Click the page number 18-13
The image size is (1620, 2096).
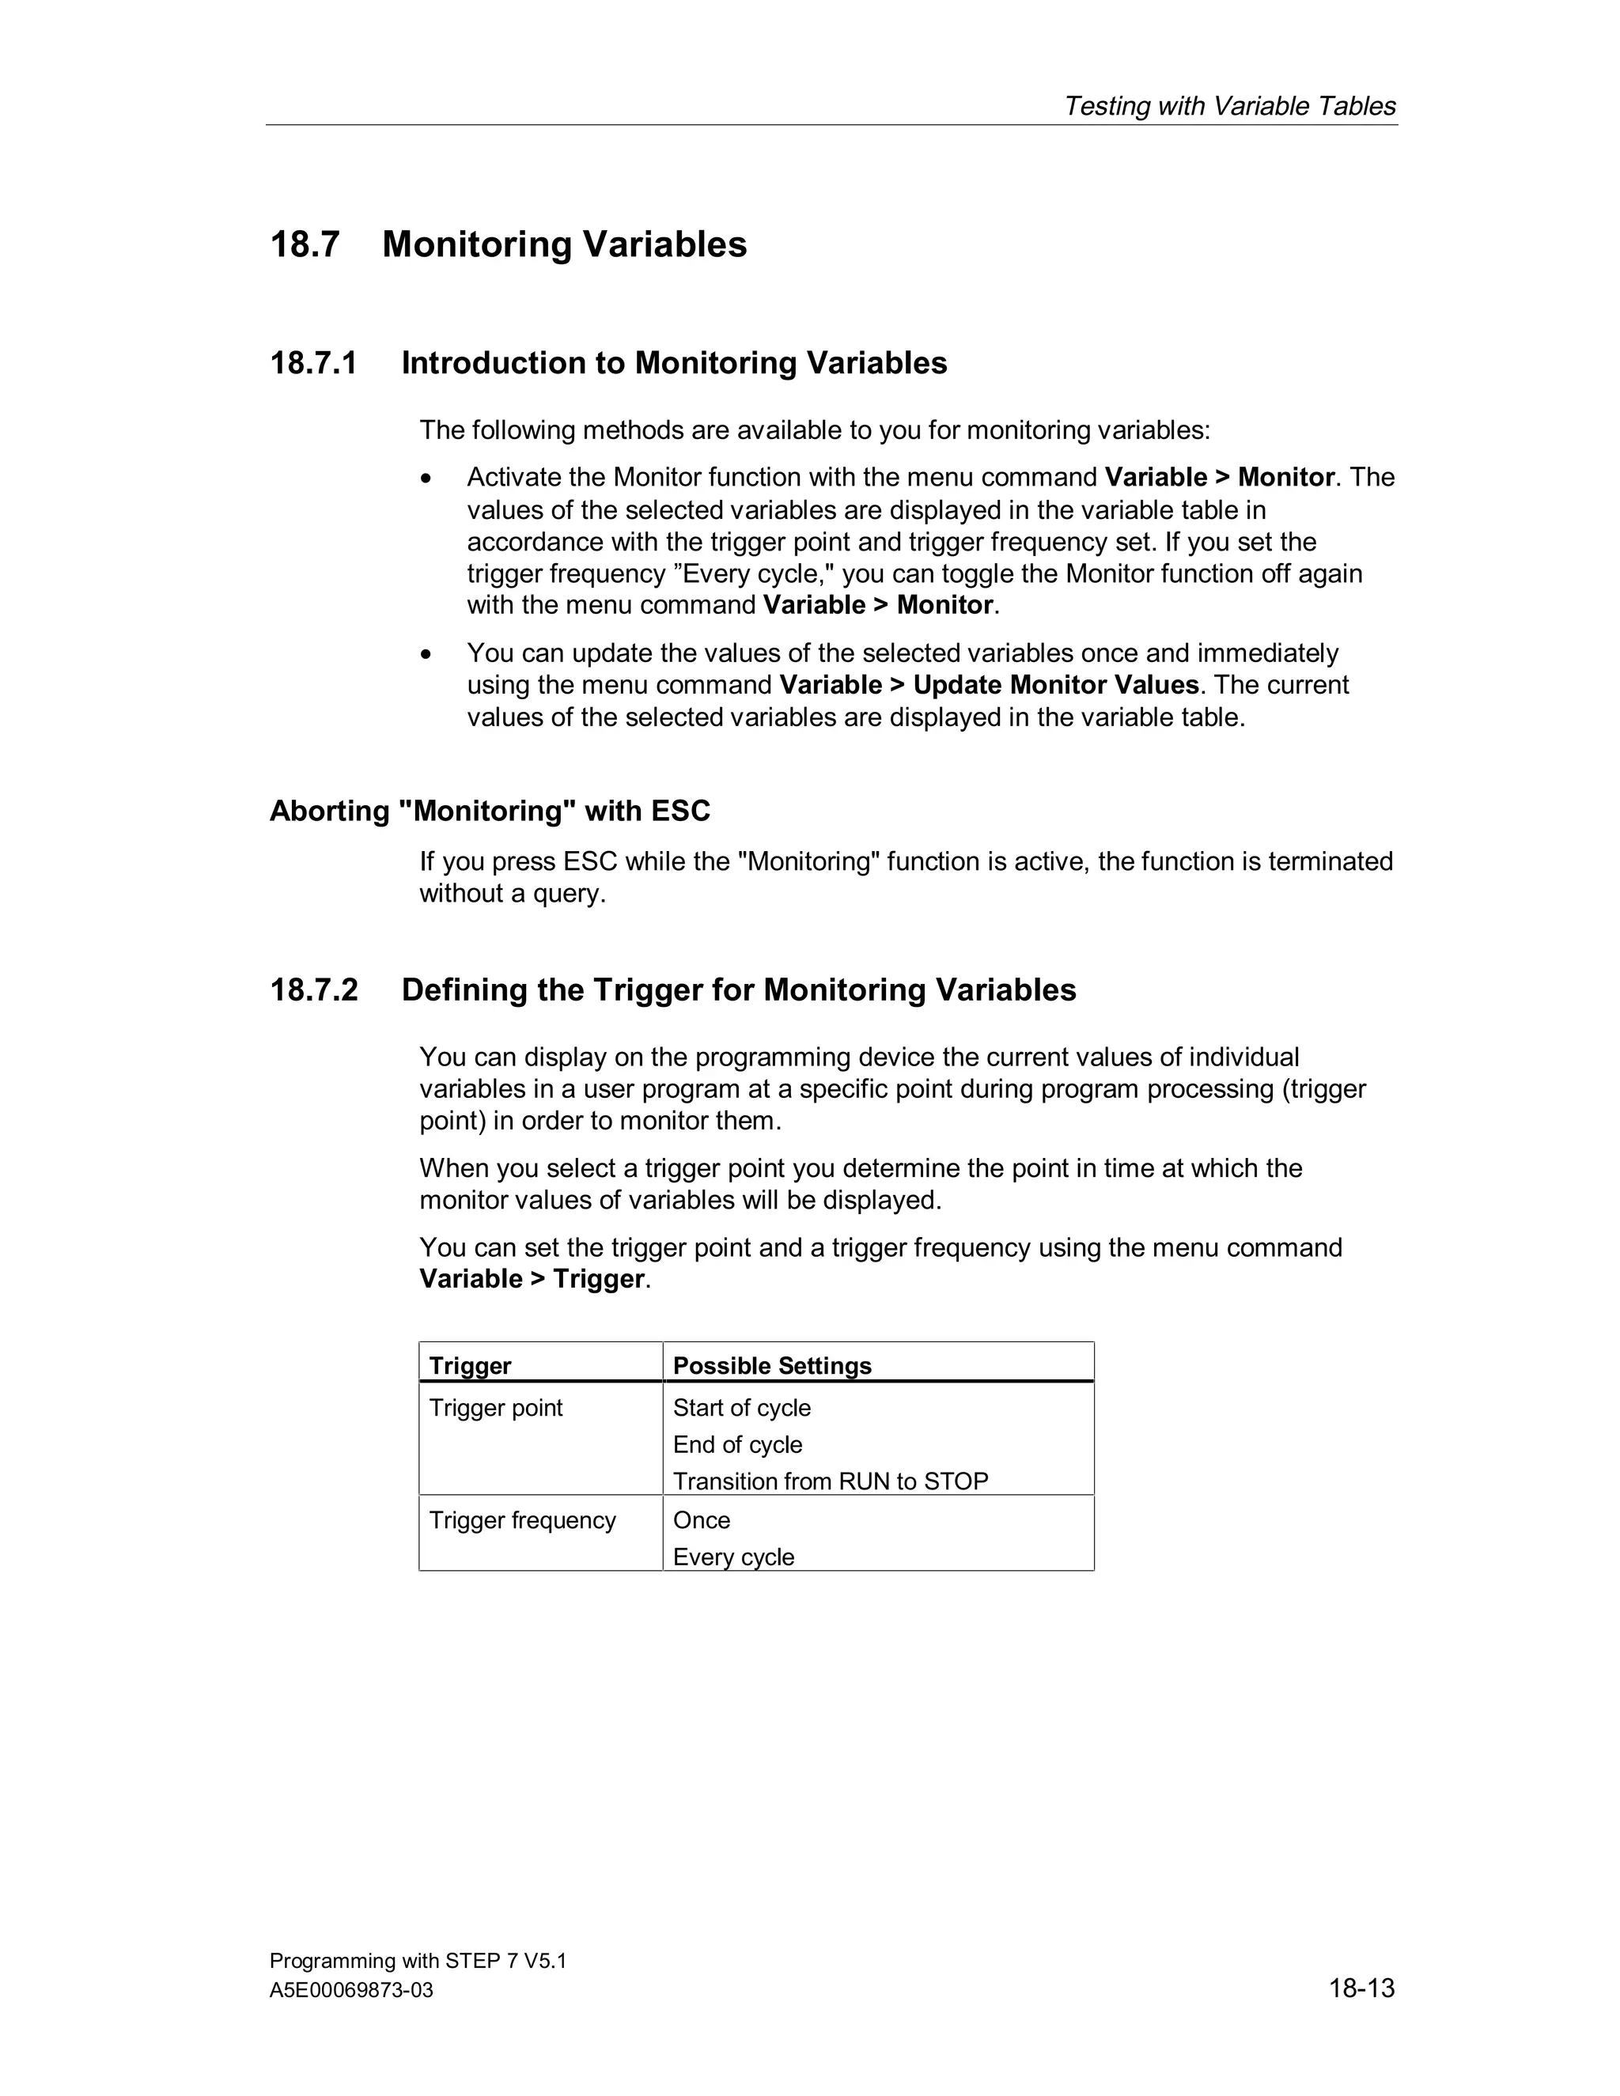pos(1361,1988)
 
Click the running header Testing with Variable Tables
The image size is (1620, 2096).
pos(1229,105)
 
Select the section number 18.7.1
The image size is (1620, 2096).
pos(314,363)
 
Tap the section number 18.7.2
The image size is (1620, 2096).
pos(314,989)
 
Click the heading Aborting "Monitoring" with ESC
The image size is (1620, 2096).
pos(490,811)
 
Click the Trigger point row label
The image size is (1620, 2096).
pos(495,1407)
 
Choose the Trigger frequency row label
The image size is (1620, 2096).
pos(522,1519)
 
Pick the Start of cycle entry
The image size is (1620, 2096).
pos(741,1407)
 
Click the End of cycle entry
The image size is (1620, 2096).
pos(737,1444)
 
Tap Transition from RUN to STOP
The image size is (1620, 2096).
pos(830,1481)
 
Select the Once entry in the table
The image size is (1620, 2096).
pos(701,1519)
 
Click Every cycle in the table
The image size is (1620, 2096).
pos(733,1557)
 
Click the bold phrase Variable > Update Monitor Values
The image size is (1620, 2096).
pos(989,684)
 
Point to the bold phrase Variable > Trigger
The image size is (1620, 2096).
pos(532,1278)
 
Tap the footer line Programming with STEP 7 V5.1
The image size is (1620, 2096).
pos(418,1960)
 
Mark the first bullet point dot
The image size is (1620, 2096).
pos(427,478)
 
